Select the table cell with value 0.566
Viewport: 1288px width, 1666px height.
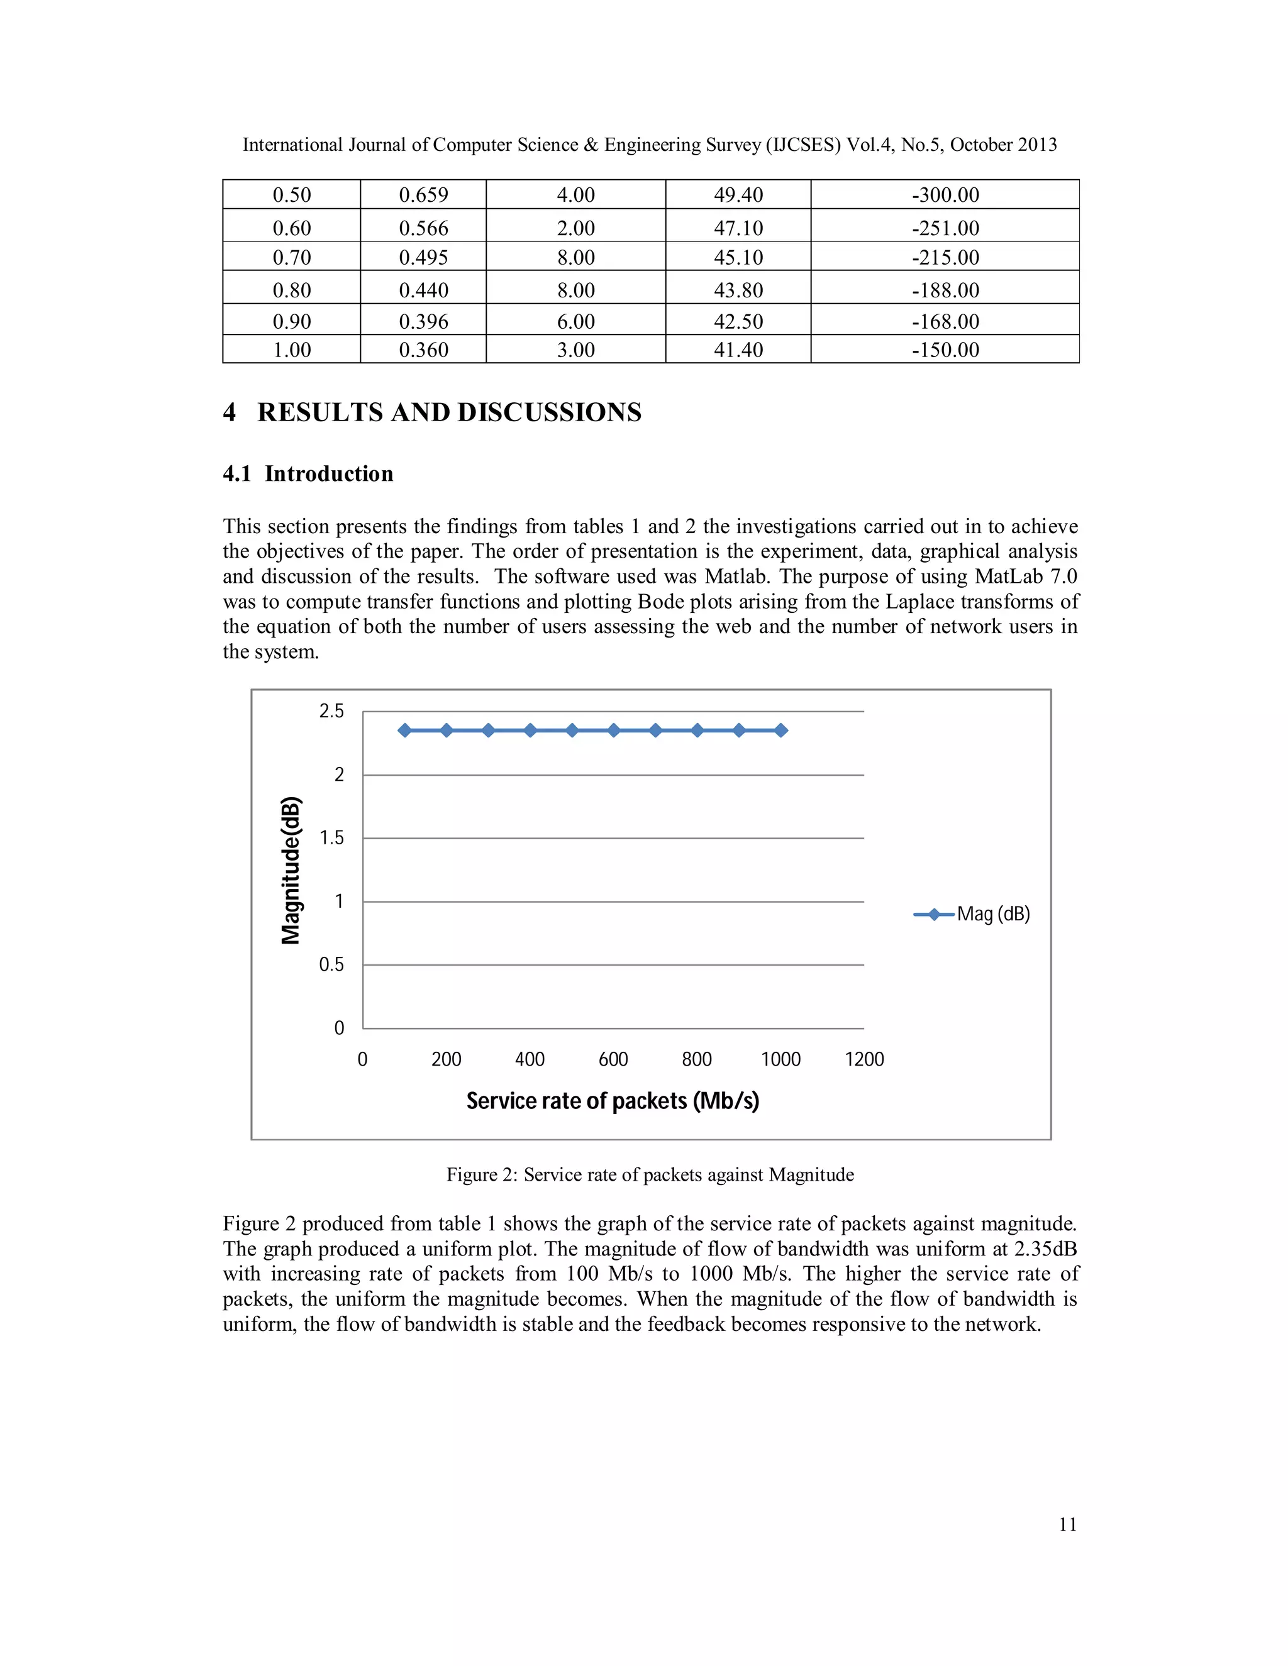pyautogui.click(x=423, y=228)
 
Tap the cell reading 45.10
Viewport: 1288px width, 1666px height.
pyautogui.click(x=738, y=257)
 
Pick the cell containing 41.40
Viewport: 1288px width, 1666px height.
pyautogui.click(x=738, y=350)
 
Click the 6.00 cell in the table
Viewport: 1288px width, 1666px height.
pyautogui.click(x=575, y=321)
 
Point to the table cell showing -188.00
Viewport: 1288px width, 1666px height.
pyautogui.click(x=945, y=290)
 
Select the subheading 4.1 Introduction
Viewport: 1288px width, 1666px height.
pyautogui.click(x=308, y=474)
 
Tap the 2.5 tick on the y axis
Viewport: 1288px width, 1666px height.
pyautogui.click(x=331, y=711)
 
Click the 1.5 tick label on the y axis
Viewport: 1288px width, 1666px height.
pyautogui.click(x=331, y=837)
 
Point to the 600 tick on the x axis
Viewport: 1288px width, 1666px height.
pyautogui.click(x=613, y=1059)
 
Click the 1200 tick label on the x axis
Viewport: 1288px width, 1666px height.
pyautogui.click(x=863, y=1059)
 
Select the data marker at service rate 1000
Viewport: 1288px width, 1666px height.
pyautogui.click(x=780, y=731)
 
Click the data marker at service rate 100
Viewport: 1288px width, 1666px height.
pyautogui.click(x=405, y=731)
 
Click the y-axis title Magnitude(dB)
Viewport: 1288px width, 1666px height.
pyautogui.click(x=291, y=870)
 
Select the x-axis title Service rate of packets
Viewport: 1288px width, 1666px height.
pyautogui.click(x=613, y=1101)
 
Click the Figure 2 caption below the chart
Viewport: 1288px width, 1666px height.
pyautogui.click(x=650, y=1175)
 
